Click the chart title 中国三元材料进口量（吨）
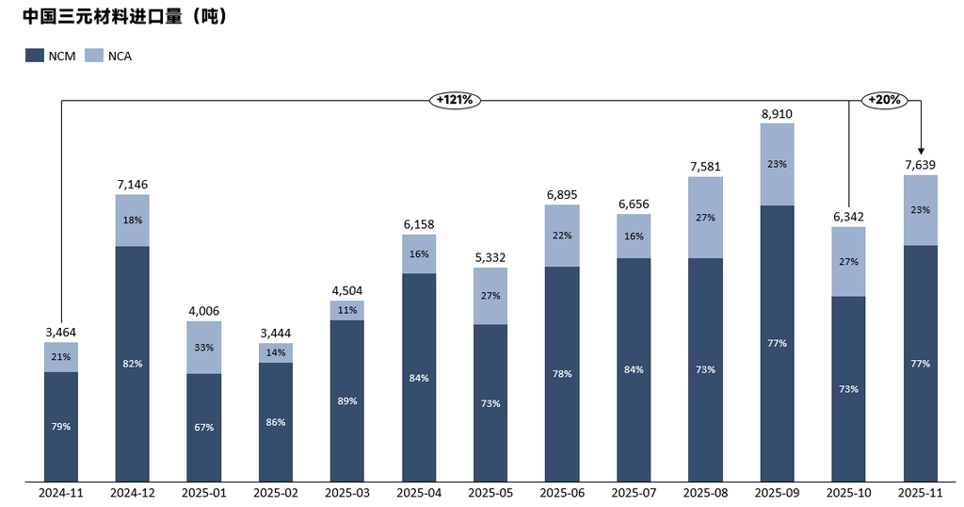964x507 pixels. click(x=124, y=17)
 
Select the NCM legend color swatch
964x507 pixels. click(x=35, y=56)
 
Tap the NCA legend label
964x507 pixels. click(x=120, y=56)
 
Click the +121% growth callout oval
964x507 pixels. click(x=457, y=100)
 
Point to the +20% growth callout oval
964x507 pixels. click(x=884, y=100)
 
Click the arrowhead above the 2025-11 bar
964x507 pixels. click(x=921, y=151)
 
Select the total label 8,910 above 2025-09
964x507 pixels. click(x=777, y=113)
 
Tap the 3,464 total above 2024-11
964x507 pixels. click(x=61, y=332)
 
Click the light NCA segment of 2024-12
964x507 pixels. click(x=133, y=221)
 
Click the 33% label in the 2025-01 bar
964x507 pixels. click(x=204, y=347)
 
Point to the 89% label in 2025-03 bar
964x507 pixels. click(x=347, y=401)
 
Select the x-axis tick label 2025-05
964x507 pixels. click(x=490, y=493)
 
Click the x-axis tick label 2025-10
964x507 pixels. click(x=848, y=493)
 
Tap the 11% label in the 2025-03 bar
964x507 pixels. click(x=347, y=310)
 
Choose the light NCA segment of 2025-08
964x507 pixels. click(x=705, y=218)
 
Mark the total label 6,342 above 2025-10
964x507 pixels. click(x=848, y=217)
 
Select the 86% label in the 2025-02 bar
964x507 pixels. click(x=276, y=421)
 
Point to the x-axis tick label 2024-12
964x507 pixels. click(x=133, y=493)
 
